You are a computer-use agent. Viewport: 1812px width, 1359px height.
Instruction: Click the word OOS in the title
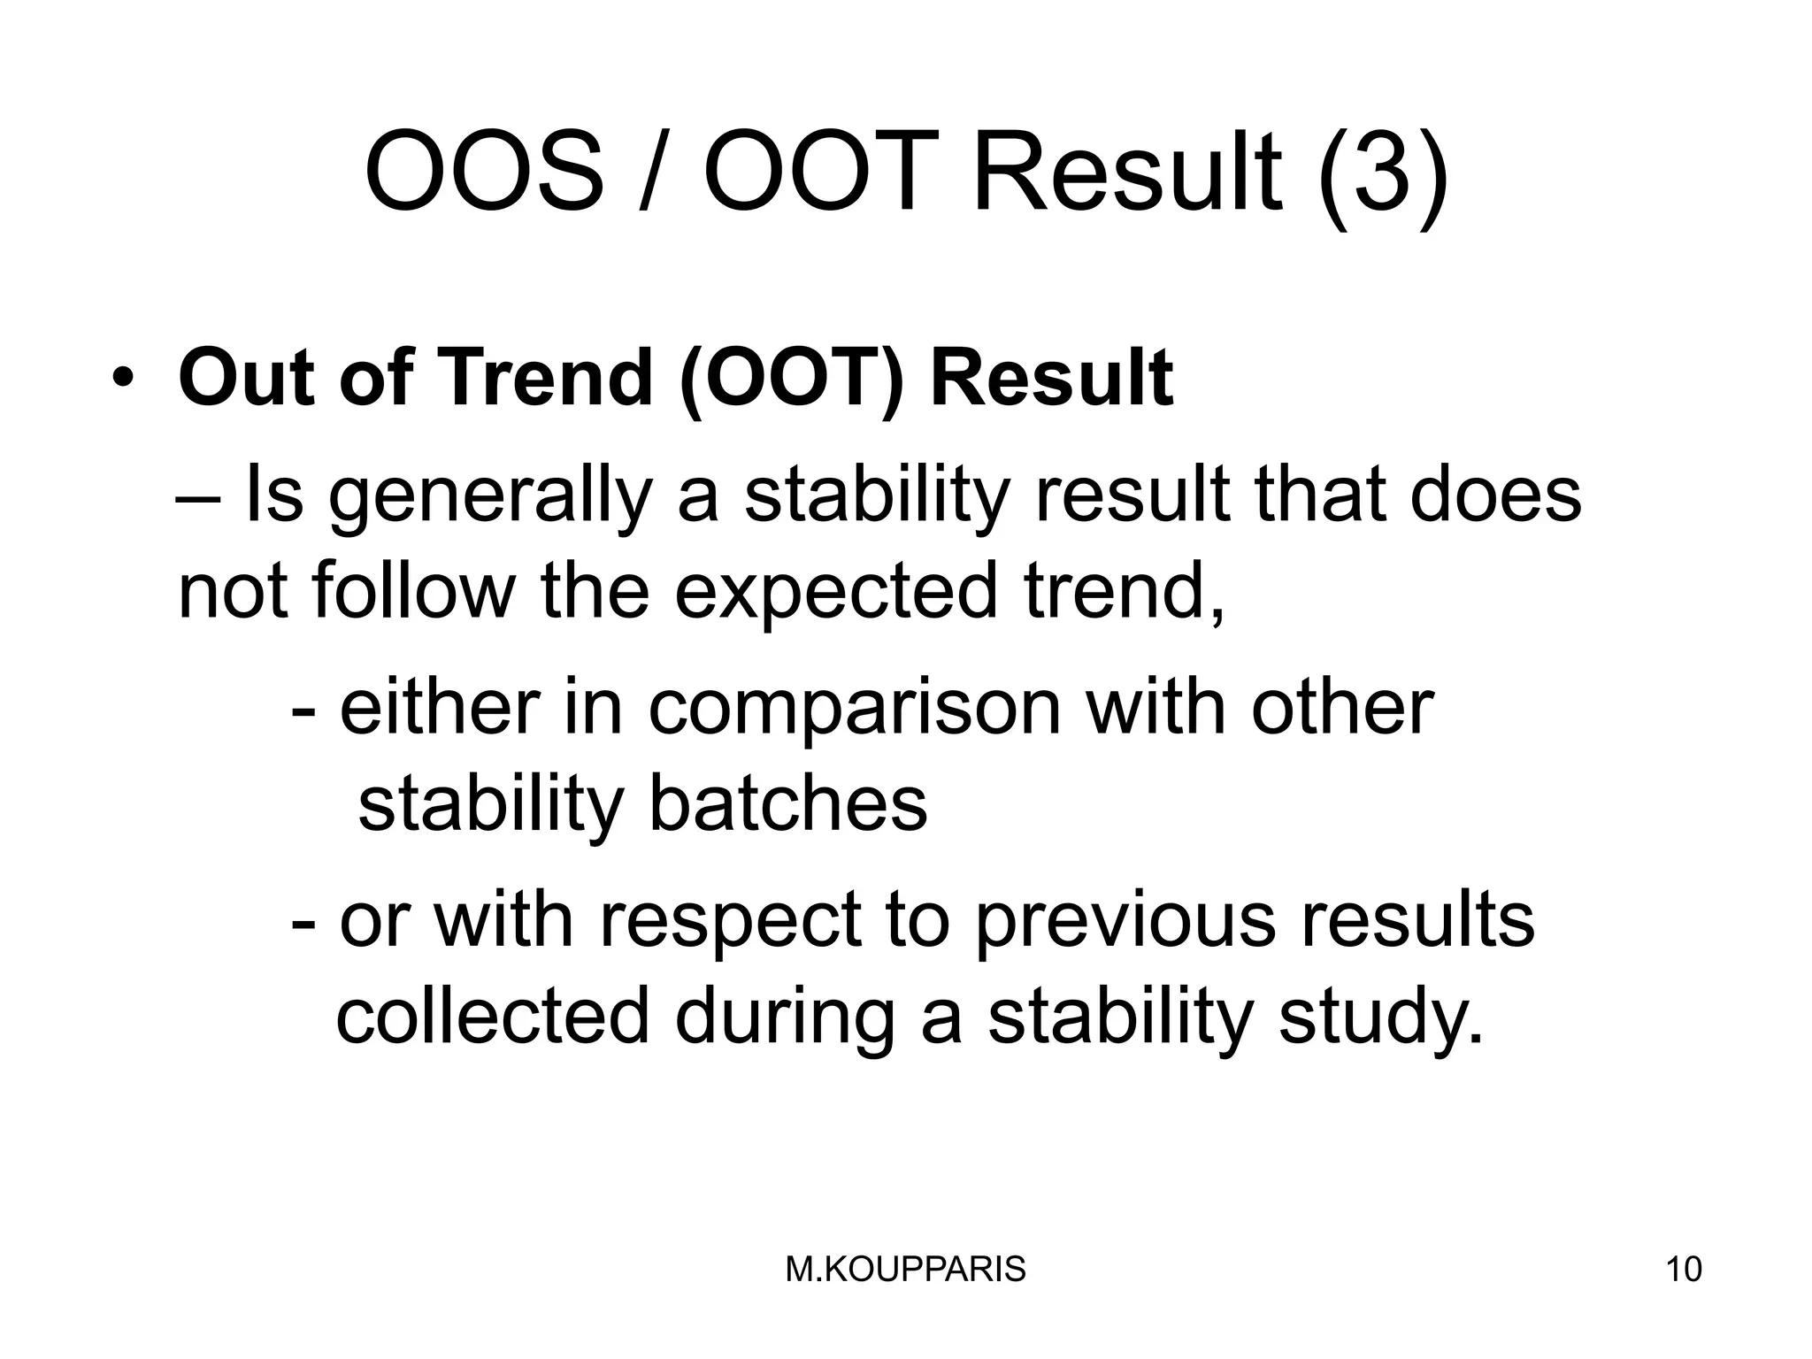tap(484, 171)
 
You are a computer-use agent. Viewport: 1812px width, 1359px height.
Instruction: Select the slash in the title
tap(654, 173)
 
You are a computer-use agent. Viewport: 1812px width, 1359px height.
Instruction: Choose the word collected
tap(493, 1017)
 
